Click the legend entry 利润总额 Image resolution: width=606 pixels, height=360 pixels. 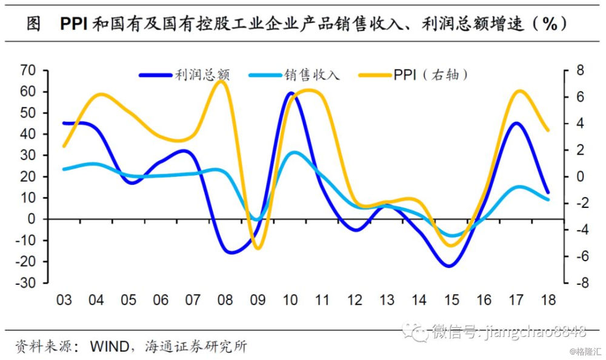pos(185,75)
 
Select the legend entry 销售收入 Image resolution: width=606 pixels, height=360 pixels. pos(295,75)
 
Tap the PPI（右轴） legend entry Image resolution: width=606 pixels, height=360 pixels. pos(413,75)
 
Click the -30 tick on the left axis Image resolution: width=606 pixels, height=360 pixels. pos(25,282)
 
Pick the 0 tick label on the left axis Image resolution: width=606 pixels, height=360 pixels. pos(32,219)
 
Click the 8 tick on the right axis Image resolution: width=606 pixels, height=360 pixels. pos(580,70)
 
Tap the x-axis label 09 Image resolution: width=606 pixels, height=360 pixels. pos(258,300)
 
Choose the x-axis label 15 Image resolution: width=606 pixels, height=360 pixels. pos(451,300)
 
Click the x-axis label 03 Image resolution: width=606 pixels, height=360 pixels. pos(64,300)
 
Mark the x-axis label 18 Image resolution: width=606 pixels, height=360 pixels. pos(548,300)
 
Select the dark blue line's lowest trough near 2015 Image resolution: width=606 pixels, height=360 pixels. pos(450,266)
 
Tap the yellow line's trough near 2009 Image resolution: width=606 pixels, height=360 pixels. pos(258,247)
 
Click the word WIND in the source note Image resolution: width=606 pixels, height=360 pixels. pos(110,346)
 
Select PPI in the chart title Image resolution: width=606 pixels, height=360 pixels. pos(74,24)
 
